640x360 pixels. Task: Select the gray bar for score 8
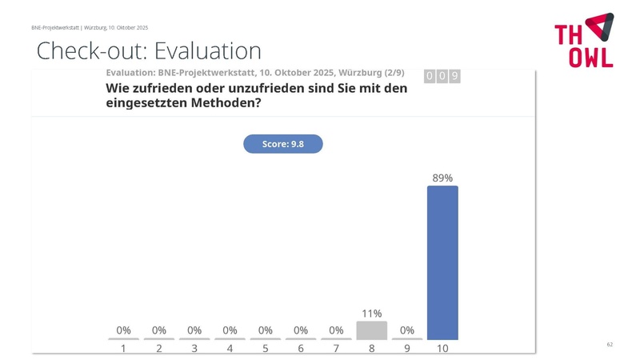click(x=371, y=330)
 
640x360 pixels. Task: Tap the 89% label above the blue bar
click(x=442, y=178)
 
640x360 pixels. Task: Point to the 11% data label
click(x=371, y=313)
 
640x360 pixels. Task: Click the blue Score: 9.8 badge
click(x=282, y=144)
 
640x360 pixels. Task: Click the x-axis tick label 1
click(x=124, y=349)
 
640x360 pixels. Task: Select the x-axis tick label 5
click(x=266, y=349)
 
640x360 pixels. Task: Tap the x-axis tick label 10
click(x=442, y=349)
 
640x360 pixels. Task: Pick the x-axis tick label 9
click(x=407, y=349)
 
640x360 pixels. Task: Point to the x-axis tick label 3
click(x=194, y=349)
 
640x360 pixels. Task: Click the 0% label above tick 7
click(x=336, y=330)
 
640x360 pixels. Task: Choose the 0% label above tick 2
click(x=159, y=330)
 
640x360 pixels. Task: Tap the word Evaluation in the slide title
click(x=207, y=51)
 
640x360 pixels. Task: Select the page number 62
click(x=610, y=344)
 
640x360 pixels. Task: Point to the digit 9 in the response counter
click(x=454, y=76)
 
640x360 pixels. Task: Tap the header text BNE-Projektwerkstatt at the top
click(x=55, y=27)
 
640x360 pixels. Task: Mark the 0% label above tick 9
click(x=407, y=330)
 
